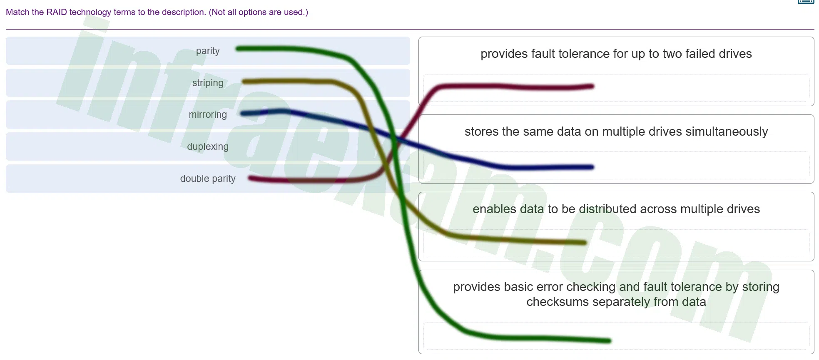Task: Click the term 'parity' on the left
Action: point(208,51)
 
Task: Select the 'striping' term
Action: point(208,83)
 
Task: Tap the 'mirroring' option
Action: point(208,114)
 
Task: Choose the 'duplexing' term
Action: point(208,146)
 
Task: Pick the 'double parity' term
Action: point(208,179)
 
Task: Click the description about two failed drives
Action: point(616,54)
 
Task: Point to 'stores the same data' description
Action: point(616,132)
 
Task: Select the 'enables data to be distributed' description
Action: point(616,209)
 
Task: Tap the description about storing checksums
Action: point(616,294)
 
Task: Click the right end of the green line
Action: point(609,341)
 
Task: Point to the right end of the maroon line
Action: point(592,87)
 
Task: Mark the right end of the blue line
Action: point(592,167)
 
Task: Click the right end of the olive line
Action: point(585,243)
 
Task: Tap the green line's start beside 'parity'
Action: point(238,49)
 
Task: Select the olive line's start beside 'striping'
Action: point(244,82)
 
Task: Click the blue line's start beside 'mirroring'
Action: point(243,114)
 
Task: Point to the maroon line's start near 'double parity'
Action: point(250,179)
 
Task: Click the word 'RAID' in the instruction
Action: point(57,12)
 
